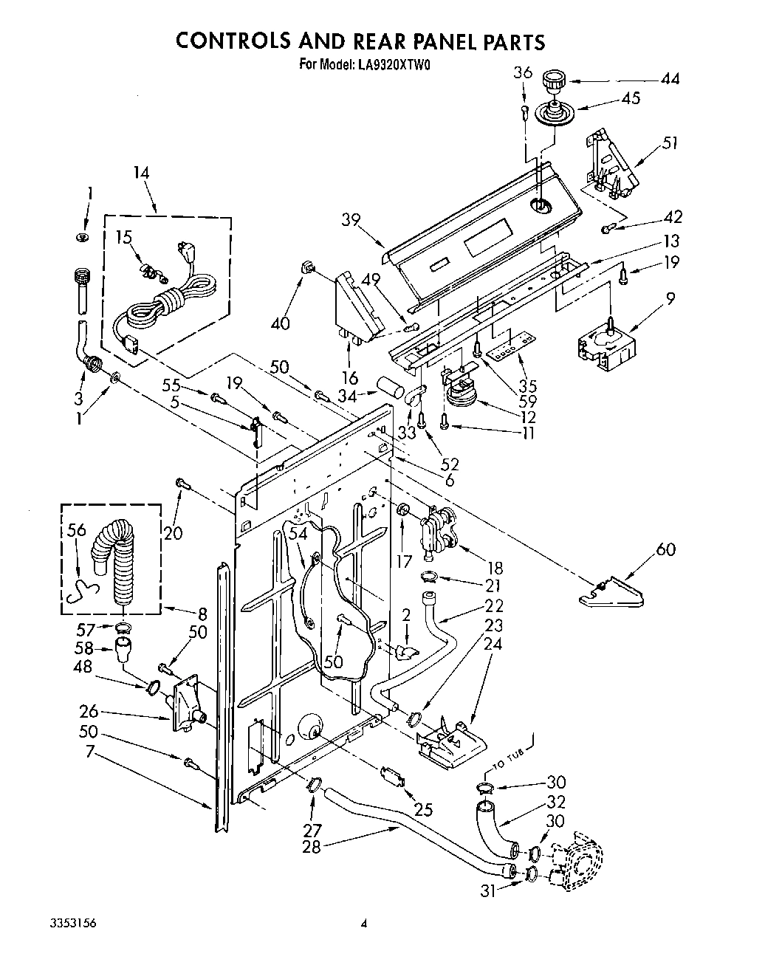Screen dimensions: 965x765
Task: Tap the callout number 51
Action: click(x=670, y=143)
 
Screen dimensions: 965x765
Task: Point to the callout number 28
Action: click(x=312, y=847)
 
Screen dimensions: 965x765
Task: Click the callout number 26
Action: click(x=89, y=712)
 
